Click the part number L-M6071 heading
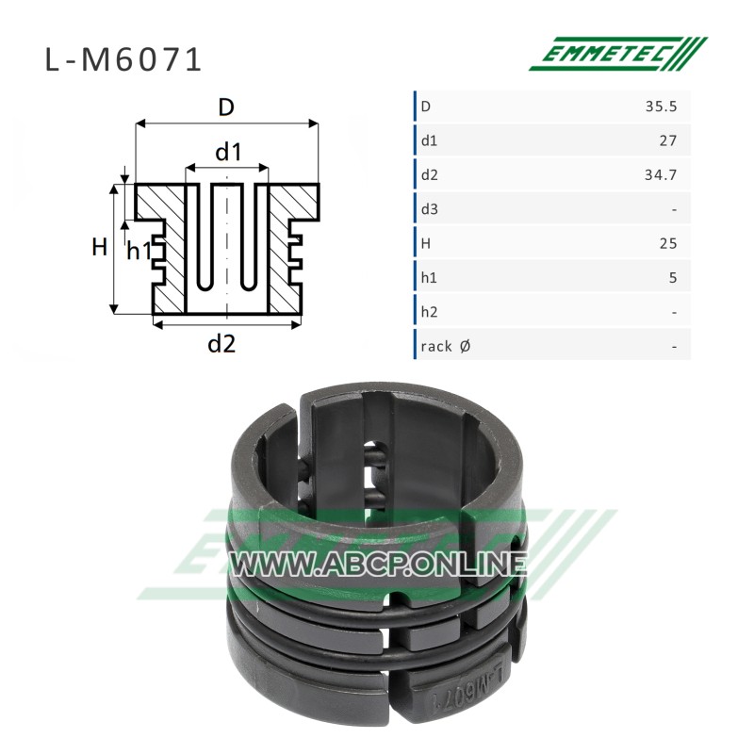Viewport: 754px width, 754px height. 123,60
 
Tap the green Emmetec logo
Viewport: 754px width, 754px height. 618,54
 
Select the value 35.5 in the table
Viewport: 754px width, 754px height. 662,107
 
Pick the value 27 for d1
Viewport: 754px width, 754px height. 668,140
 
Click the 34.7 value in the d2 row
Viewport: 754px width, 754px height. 661,174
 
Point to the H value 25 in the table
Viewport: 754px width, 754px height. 668,243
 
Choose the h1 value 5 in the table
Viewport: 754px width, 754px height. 673,277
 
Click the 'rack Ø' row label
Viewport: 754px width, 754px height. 445,346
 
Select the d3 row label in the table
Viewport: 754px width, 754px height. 430,209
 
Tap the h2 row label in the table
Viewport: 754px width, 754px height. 429,312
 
